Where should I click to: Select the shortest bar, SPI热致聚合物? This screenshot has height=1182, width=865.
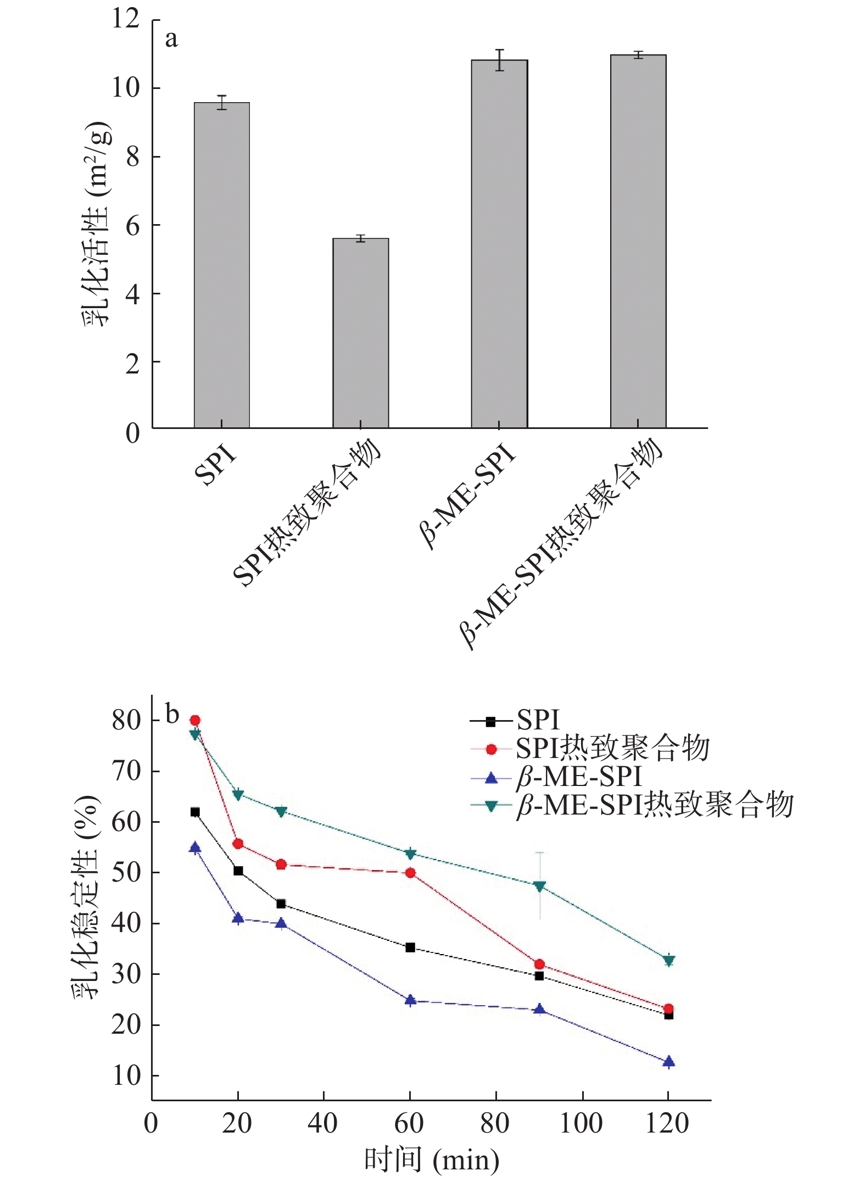[x=360, y=333]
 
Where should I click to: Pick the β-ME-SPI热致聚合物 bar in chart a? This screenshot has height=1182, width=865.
[x=638, y=241]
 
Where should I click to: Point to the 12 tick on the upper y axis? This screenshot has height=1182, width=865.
[x=126, y=19]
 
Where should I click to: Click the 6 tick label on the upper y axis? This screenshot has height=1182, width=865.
[x=132, y=225]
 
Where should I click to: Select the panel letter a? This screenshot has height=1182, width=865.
[x=171, y=40]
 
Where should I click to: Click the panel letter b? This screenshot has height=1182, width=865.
[x=172, y=715]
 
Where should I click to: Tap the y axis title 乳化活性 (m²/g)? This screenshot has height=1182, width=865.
[x=97, y=224]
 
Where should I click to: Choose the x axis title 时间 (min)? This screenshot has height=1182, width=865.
[x=432, y=1160]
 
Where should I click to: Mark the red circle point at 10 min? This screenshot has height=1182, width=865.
[x=195, y=720]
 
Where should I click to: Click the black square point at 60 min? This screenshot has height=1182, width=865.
[x=410, y=947]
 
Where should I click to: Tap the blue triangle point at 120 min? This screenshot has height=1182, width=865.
[x=668, y=1062]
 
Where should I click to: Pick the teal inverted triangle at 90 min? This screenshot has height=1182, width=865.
[x=539, y=886]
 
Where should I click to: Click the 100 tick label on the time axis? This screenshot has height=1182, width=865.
[x=581, y=1123]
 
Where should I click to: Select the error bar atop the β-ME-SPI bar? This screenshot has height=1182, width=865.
[x=499, y=60]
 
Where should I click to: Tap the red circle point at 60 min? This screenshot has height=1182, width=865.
[x=410, y=873]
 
